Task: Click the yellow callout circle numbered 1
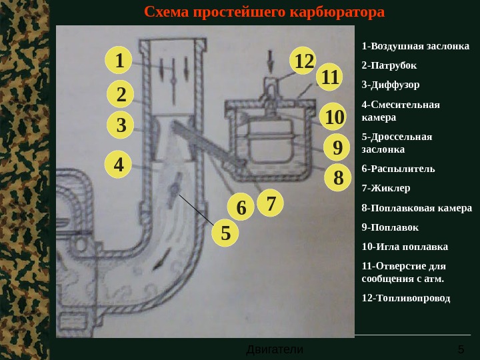pos(119,61)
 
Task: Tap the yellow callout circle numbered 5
pos(225,234)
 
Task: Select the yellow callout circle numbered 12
pos(303,61)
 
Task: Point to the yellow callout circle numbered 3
pos(121,125)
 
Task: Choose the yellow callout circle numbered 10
pos(333,117)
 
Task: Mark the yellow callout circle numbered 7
pos(271,203)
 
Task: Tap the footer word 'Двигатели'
pos(275,349)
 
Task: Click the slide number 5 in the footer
pos(461,349)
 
